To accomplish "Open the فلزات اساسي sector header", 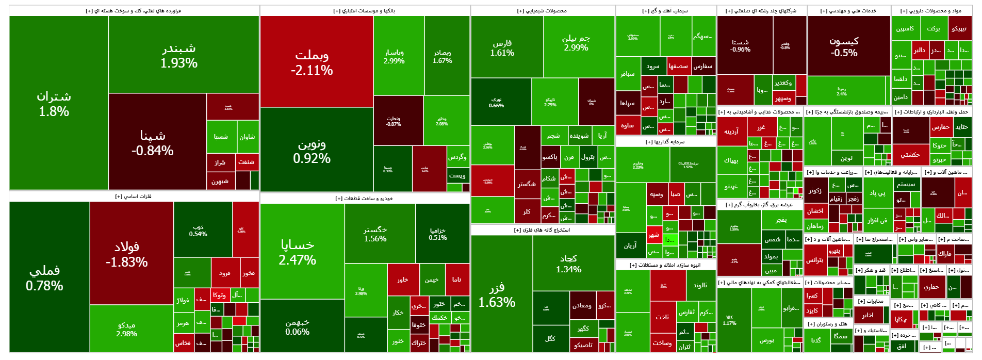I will click(134, 197).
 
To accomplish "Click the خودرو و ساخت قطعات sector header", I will click(364, 199).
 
